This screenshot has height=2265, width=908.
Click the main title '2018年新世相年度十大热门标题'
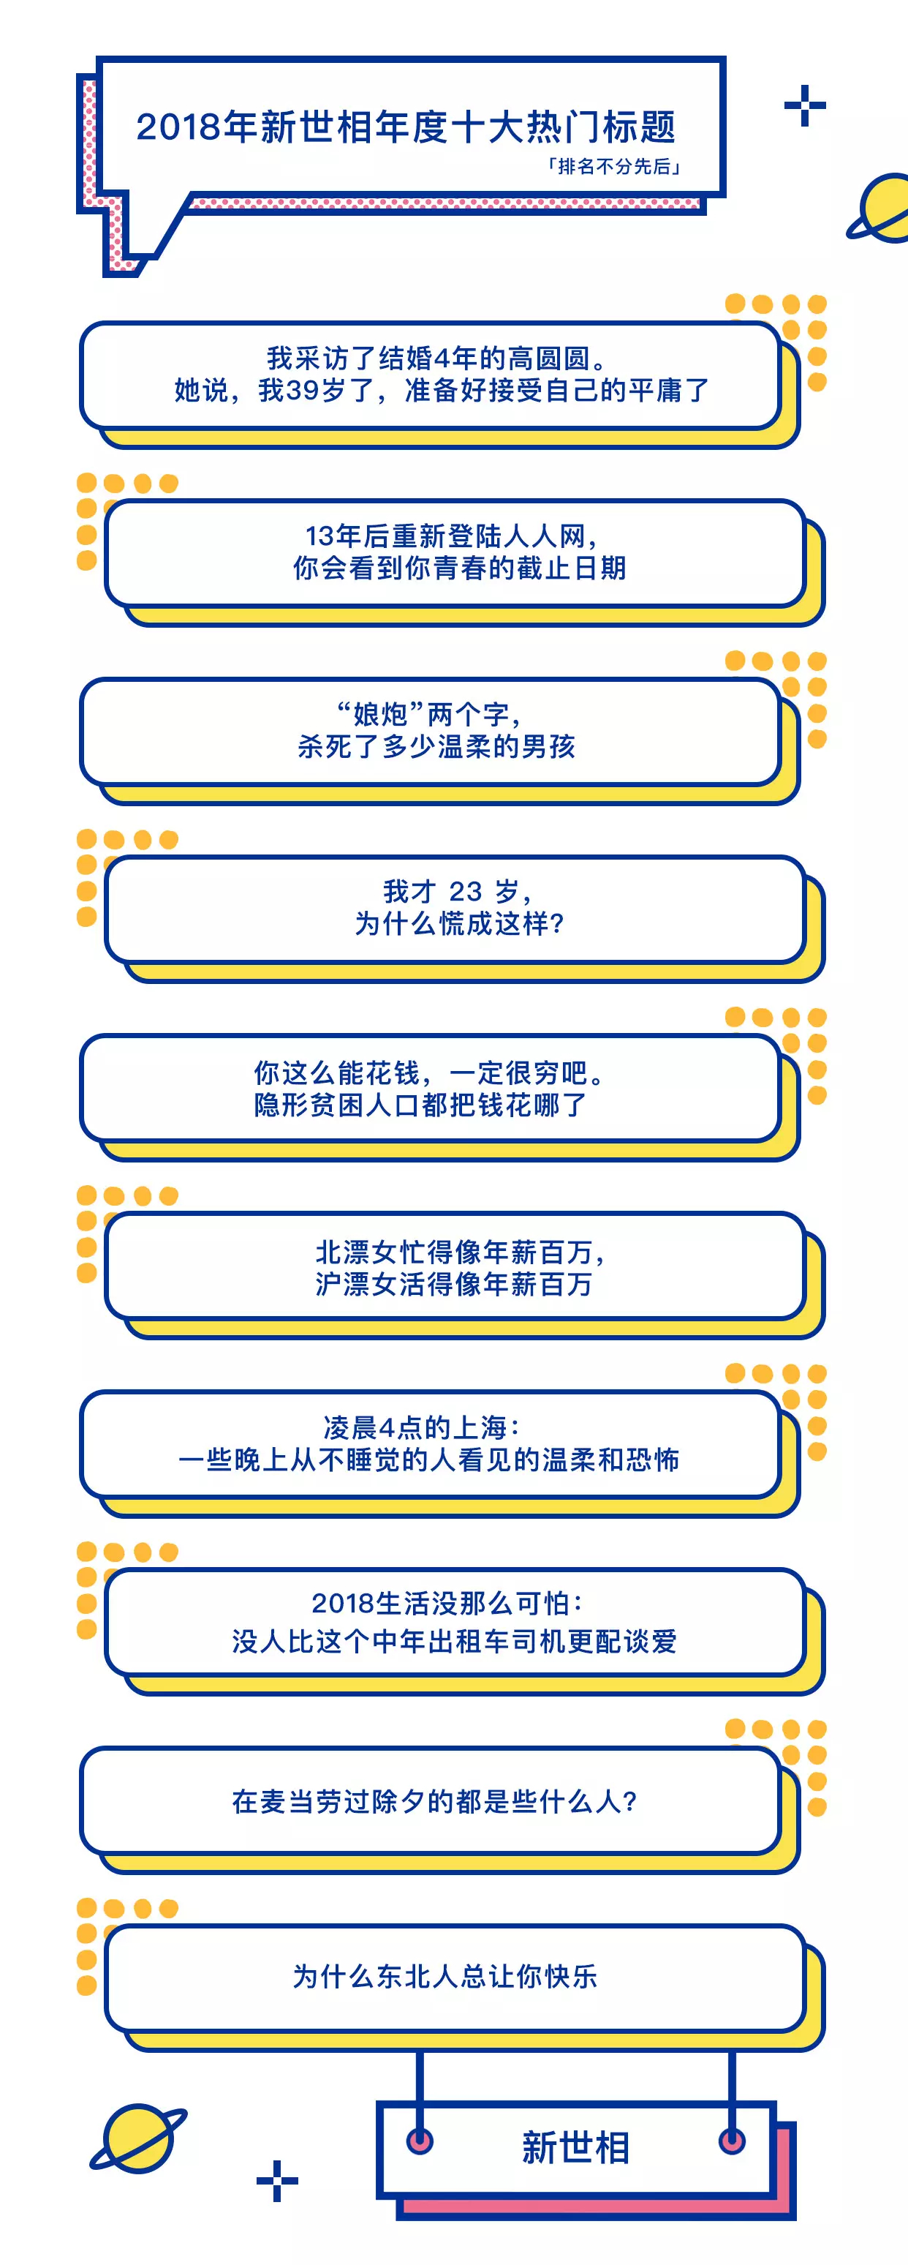[x=405, y=127]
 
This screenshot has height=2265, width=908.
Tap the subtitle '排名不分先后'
[x=613, y=167]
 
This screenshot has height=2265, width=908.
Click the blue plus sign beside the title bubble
[x=805, y=106]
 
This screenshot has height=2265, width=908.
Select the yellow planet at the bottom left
[x=138, y=2139]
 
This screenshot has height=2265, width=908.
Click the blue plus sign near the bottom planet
[x=278, y=2182]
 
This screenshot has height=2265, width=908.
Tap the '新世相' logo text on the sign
[x=576, y=2148]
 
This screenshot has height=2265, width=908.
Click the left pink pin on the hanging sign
[x=420, y=2141]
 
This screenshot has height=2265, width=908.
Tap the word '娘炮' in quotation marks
[x=379, y=713]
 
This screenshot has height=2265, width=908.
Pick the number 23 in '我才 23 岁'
[x=465, y=892]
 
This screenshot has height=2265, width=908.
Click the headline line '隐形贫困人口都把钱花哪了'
[x=420, y=1105]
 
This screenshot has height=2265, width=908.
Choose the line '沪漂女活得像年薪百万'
[x=453, y=1285]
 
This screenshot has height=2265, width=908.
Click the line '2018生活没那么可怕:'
[x=447, y=1603]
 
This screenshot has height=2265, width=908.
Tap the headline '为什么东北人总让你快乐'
[x=444, y=1977]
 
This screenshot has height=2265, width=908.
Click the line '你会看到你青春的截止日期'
[x=460, y=568]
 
